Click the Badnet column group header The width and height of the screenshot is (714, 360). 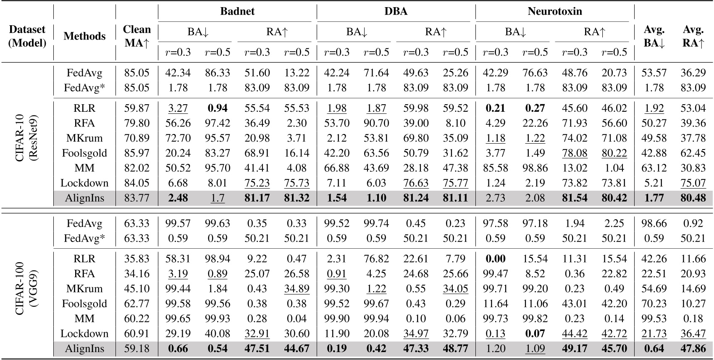[237, 11]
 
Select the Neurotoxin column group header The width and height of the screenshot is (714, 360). [555, 11]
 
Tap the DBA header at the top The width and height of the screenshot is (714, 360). [396, 11]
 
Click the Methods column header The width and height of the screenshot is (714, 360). [84, 36]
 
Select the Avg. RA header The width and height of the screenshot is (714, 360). [693, 36]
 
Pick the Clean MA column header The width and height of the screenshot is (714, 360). [136, 36]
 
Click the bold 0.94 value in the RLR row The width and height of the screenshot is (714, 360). [217, 108]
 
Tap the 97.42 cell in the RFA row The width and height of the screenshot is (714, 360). [217, 123]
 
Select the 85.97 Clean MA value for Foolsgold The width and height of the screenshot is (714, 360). [136, 153]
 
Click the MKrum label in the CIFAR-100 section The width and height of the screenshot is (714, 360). [84, 289]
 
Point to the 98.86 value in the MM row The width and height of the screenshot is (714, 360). [535, 168]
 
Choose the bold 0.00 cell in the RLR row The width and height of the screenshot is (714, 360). [495, 259]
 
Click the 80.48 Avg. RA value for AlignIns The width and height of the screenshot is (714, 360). [693, 198]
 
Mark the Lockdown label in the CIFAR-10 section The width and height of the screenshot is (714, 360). [84, 183]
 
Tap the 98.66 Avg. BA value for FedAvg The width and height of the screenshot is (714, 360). [654, 223]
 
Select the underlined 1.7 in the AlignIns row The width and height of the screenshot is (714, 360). [217, 198]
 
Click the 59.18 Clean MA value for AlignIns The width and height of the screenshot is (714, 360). [136, 349]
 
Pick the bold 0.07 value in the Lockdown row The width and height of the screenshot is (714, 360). [535, 334]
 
